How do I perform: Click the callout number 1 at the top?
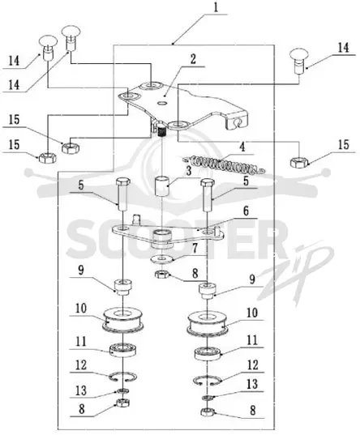point(216,8)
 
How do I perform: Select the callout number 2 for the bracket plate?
point(193,59)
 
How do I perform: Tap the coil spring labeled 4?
point(225,164)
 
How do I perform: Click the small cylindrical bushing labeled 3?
point(162,186)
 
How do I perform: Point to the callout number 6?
point(246,211)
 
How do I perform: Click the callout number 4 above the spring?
point(242,147)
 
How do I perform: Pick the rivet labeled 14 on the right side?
point(298,61)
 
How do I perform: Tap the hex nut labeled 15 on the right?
point(298,162)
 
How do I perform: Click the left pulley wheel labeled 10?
point(123,319)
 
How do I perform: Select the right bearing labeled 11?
point(208,353)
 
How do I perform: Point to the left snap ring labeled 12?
point(122,376)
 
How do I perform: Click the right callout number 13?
point(252,384)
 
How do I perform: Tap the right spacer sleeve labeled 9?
point(207,291)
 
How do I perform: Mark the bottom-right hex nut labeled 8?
point(208,412)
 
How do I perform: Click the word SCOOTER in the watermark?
point(176,239)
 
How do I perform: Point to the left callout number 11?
point(81,342)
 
